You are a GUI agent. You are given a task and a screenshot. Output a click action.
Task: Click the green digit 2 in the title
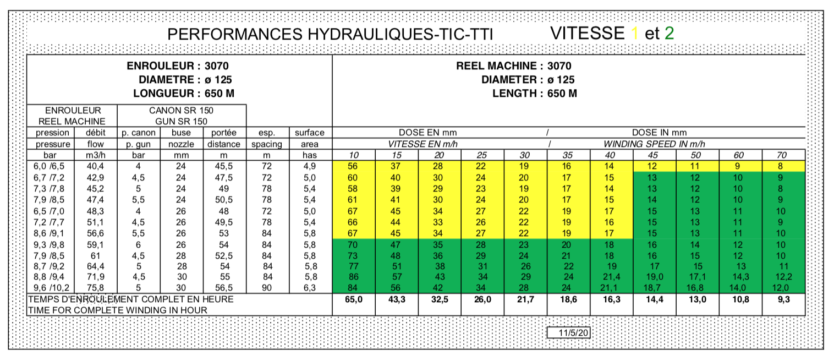click(x=669, y=34)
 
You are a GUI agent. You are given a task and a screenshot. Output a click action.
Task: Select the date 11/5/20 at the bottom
click(x=574, y=333)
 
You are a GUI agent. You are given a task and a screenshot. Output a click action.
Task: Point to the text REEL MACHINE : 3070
click(x=514, y=66)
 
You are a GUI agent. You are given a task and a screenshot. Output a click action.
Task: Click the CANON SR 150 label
click(x=182, y=110)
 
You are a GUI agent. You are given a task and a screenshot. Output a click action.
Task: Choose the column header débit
click(x=95, y=133)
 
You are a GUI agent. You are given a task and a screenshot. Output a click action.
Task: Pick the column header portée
click(x=224, y=133)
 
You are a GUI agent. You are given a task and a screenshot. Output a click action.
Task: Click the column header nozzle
click(x=181, y=144)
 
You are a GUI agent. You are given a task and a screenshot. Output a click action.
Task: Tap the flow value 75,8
click(x=95, y=287)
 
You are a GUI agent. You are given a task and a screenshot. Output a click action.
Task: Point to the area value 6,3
click(x=310, y=287)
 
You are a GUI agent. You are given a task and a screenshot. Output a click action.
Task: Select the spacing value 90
click(x=267, y=287)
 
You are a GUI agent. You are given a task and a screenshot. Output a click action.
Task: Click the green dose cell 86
click(x=353, y=276)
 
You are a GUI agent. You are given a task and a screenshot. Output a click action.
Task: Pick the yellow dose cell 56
click(x=353, y=166)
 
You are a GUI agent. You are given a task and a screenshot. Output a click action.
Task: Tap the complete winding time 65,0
click(x=353, y=299)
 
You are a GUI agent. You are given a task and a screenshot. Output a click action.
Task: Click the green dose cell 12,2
click(x=783, y=276)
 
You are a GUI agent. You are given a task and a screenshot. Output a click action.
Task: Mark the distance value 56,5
click(x=224, y=287)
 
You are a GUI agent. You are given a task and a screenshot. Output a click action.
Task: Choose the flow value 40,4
click(x=95, y=166)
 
